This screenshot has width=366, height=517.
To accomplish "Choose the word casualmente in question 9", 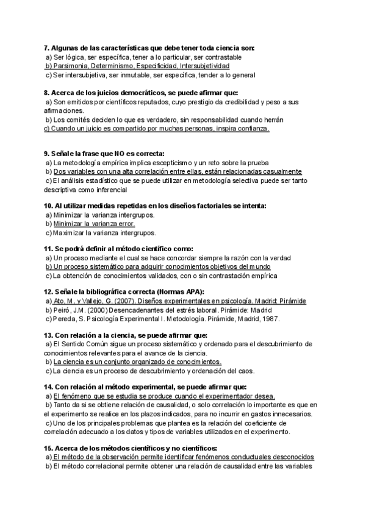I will [278, 171].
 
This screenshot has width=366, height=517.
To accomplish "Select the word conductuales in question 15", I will [246, 457].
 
